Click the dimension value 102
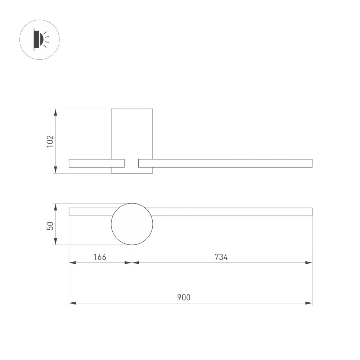(x=50, y=141)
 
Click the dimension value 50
(x=50, y=226)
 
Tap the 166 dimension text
(x=100, y=257)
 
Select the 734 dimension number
(x=221, y=257)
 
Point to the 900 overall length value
(x=184, y=297)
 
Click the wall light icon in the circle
(x=39, y=39)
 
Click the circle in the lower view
(x=132, y=224)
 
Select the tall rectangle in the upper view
(x=132, y=133)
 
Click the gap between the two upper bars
(x=131, y=163)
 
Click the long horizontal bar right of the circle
(x=232, y=212)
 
